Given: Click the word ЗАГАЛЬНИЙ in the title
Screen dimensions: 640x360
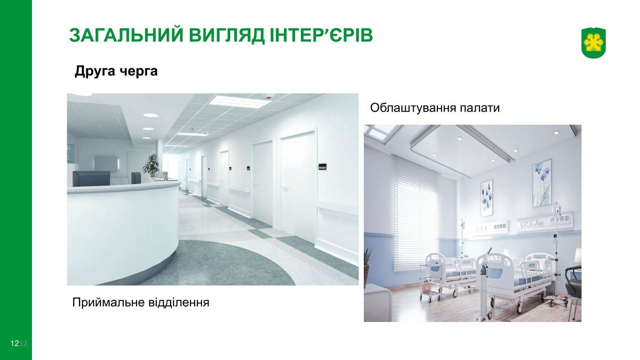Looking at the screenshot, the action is point(126,35).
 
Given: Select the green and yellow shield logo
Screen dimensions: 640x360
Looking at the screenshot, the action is point(594,43).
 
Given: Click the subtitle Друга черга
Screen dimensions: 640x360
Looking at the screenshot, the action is point(116,71).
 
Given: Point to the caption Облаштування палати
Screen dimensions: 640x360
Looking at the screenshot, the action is point(435,108).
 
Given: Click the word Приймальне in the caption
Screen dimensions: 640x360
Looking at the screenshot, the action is point(109,302).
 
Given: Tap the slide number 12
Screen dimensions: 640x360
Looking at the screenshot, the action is point(14,343).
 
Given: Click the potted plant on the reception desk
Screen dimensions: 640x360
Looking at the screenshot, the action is point(151,165).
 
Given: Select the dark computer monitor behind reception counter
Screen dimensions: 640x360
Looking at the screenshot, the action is point(91,178).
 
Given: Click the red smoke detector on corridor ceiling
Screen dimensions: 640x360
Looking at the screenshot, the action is point(269,97).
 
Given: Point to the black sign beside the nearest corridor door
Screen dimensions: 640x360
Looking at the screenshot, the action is point(323,166).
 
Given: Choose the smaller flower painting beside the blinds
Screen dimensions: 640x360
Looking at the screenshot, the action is point(486,198).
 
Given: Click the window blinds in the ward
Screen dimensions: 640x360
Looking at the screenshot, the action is point(417,214).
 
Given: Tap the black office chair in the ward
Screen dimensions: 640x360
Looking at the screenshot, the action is point(573,286).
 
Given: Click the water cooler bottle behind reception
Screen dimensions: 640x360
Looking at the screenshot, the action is point(70,154).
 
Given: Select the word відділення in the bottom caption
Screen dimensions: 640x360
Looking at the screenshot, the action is point(179,302).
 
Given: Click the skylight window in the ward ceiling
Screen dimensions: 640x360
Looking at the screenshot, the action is point(381,131).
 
